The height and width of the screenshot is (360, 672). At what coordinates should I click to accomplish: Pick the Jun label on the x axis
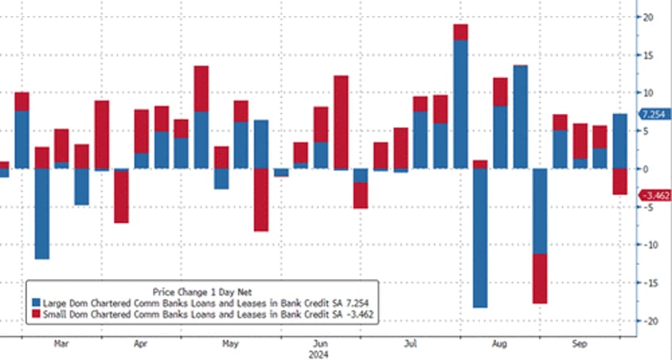click(x=321, y=345)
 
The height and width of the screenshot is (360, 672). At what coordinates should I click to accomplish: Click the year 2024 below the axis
click(x=321, y=354)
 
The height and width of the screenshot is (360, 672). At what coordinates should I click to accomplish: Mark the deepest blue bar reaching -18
click(x=480, y=238)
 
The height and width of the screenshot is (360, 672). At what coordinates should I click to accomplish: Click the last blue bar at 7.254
click(x=620, y=141)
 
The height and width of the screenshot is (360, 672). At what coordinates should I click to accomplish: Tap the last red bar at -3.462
click(x=620, y=182)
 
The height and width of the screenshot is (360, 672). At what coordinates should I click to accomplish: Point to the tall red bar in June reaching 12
click(x=341, y=122)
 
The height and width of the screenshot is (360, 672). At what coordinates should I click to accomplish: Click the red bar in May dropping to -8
click(x=262, y=200)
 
